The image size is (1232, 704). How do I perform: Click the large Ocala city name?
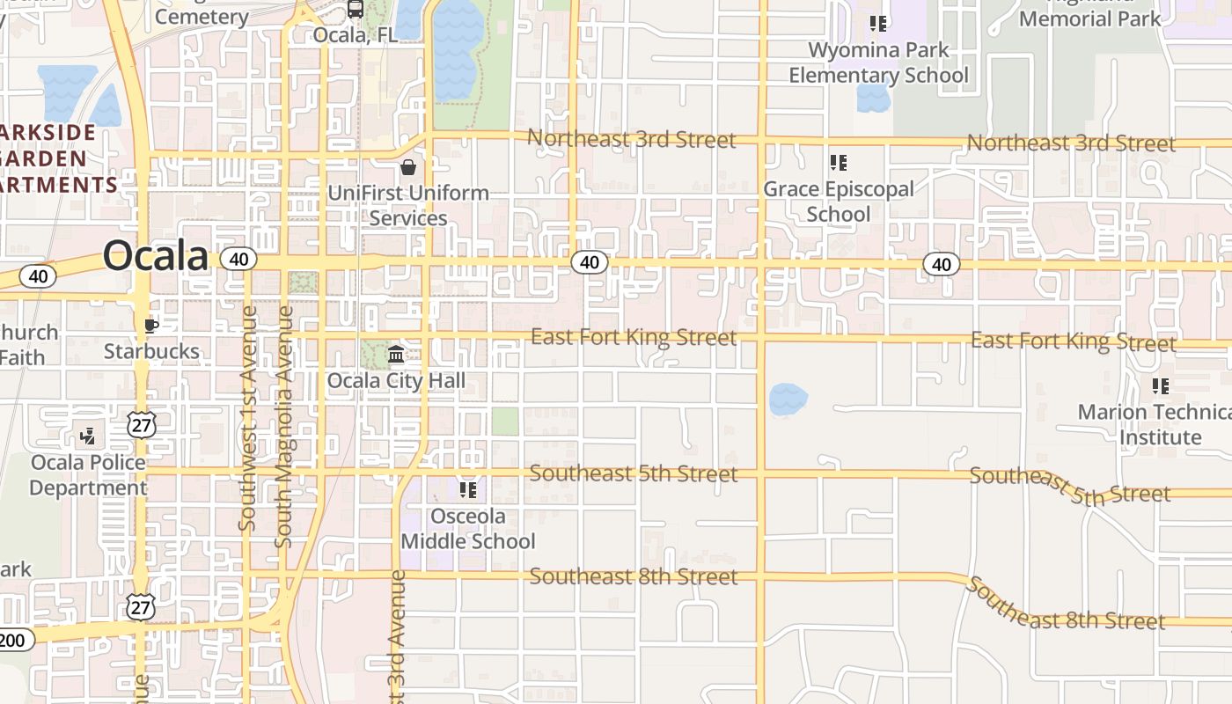point(156,256)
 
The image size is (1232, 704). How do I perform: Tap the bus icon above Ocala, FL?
point(356,10)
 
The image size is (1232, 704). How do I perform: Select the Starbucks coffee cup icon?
point(151,326)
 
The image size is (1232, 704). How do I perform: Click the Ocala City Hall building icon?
point(396,355)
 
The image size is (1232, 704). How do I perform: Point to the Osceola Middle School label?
point(467,528)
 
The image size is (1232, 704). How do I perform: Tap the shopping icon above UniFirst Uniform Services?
point(408,167)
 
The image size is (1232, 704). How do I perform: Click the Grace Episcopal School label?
point(838,202)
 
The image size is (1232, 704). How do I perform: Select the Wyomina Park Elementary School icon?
point(877,23)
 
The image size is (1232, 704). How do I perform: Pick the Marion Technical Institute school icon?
point(1161,385)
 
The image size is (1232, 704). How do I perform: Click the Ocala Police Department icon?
point(88,435)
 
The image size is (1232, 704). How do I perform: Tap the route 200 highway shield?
point(12,640)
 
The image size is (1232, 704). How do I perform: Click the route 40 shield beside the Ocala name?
point(238,259)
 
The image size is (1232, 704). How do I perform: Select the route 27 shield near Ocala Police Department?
point(141,426)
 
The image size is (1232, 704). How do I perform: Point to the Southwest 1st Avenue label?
point(248,418)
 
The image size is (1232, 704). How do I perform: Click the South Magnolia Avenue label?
point(284,427)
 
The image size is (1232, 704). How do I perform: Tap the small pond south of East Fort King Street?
point(788,400)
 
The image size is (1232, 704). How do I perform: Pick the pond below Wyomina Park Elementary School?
point(873,98)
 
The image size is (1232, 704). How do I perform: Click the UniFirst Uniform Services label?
point(408,205)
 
